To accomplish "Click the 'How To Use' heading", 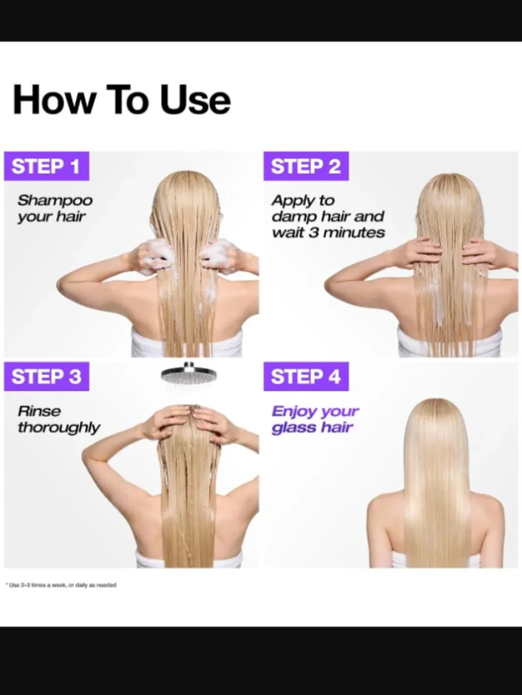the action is (x=122, y=99).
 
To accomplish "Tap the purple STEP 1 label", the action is (x=46, y=166).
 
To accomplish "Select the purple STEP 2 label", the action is (x=306, y=166).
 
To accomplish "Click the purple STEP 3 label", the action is (x=46, y=376).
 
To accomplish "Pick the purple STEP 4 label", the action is (x=306, y=376).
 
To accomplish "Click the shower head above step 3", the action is (x=188, y=373).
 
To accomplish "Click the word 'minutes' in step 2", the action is (x=354, y=233).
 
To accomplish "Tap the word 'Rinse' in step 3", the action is (x=39, y=411).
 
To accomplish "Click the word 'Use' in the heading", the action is (x=196, y=99).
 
